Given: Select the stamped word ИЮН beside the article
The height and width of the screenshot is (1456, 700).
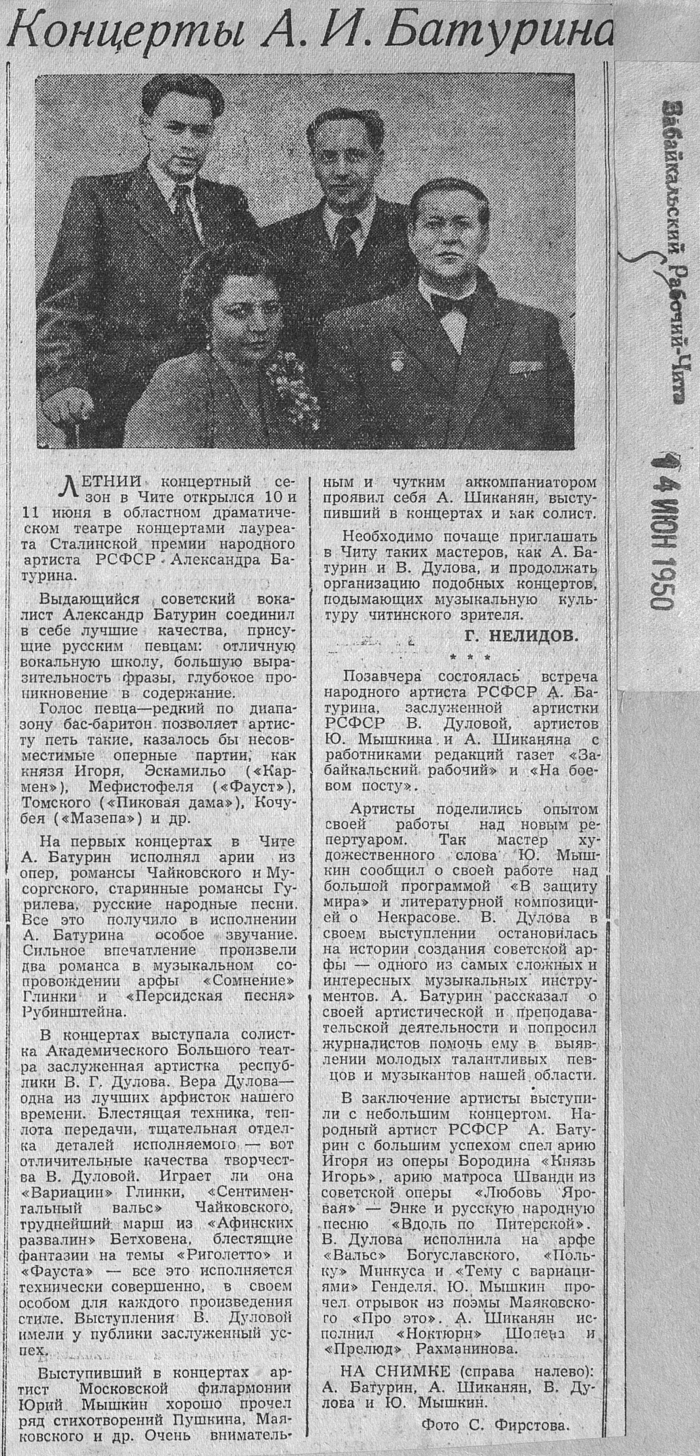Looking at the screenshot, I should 660,508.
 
